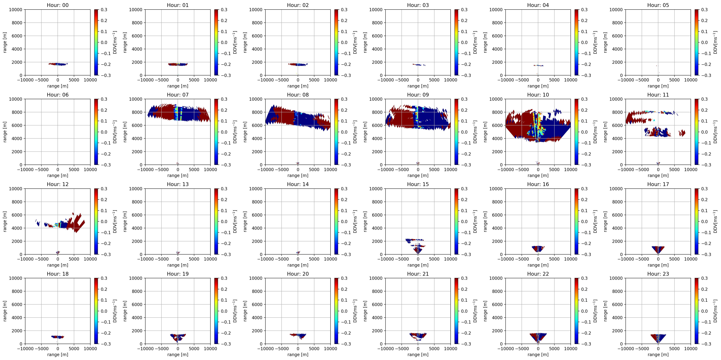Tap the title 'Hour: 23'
tap(658, 274)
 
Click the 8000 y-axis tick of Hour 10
tap(497, 112)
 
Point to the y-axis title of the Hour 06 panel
tap(5, 132)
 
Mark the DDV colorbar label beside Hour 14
tap(355, 221)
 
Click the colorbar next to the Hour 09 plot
tap(456, 132)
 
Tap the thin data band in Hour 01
tap(178, 64)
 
